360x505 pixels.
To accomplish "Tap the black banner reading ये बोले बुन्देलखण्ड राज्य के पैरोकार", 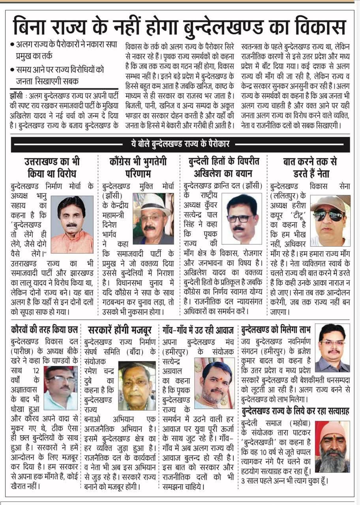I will pos(180,144).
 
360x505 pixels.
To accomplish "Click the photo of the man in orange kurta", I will pos(72,224).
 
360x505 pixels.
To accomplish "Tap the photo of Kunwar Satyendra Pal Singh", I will pos(242,219).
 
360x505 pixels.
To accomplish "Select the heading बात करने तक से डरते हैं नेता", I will pos(310,167).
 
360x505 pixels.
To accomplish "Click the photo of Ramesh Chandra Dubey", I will pos(137,385).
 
